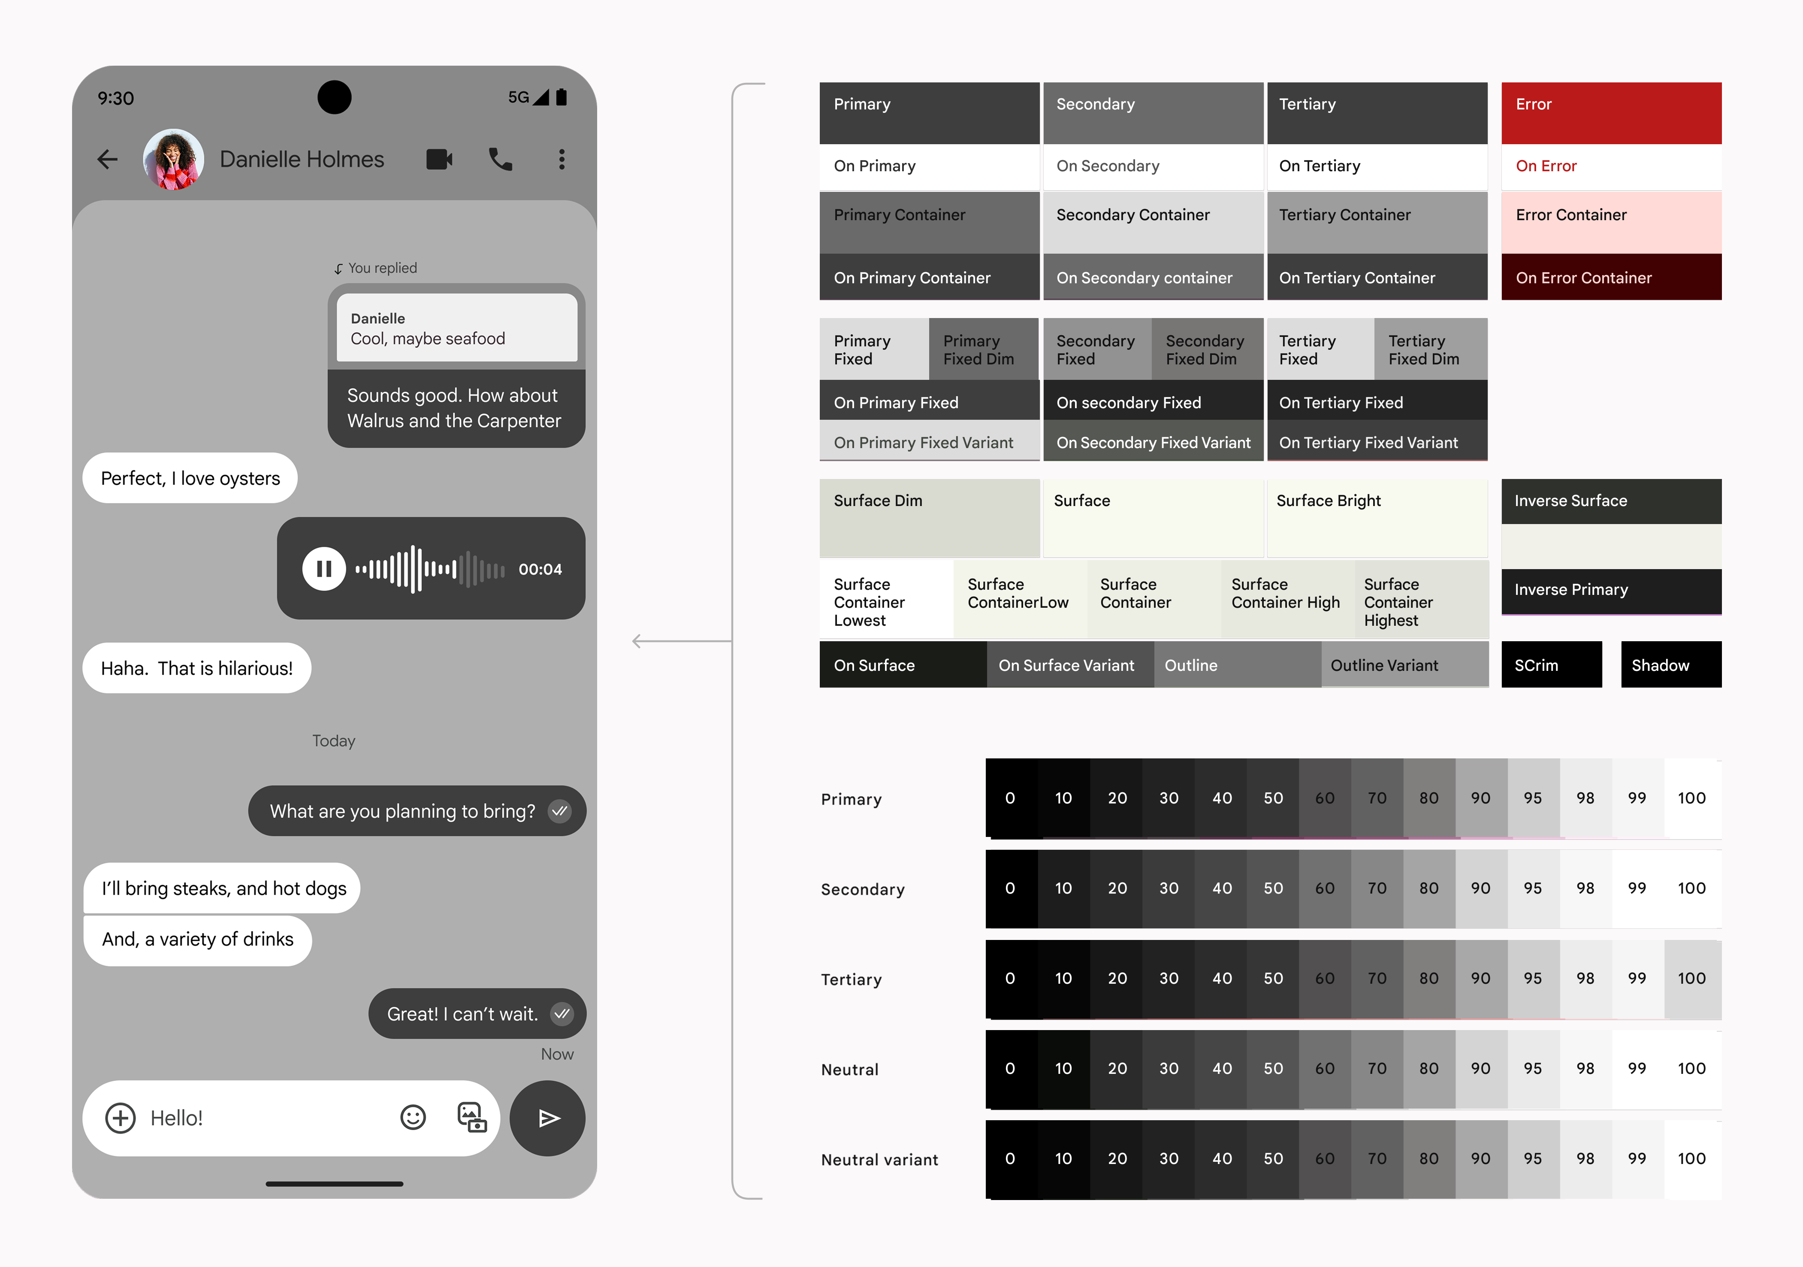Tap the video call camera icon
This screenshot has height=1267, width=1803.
(x=439, y=160)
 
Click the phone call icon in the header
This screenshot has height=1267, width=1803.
(x=500, y=160)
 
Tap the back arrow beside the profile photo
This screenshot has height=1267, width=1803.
(x=108, y=160)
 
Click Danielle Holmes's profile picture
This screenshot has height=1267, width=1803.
(x=174, y=160)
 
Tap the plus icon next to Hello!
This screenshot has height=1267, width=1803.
(x=120, y=1118)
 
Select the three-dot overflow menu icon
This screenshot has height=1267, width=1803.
(x=562, y=160)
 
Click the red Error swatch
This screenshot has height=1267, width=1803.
(x=1611, y=113)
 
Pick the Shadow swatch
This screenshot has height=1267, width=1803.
(x=1671, y=664)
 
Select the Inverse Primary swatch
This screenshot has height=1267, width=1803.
(x=1611, y=591)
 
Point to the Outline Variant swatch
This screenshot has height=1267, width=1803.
(x=1405, y=664)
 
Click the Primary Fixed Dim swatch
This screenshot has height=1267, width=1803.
(x=984, y=349)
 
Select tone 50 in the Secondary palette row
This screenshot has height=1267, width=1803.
(x=1273, y=888)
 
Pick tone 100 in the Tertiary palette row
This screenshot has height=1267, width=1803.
(x=1692, y=979)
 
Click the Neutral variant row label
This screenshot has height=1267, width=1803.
(x=879, y=1159)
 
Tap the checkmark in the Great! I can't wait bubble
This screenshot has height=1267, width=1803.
(x=562, y=1013)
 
